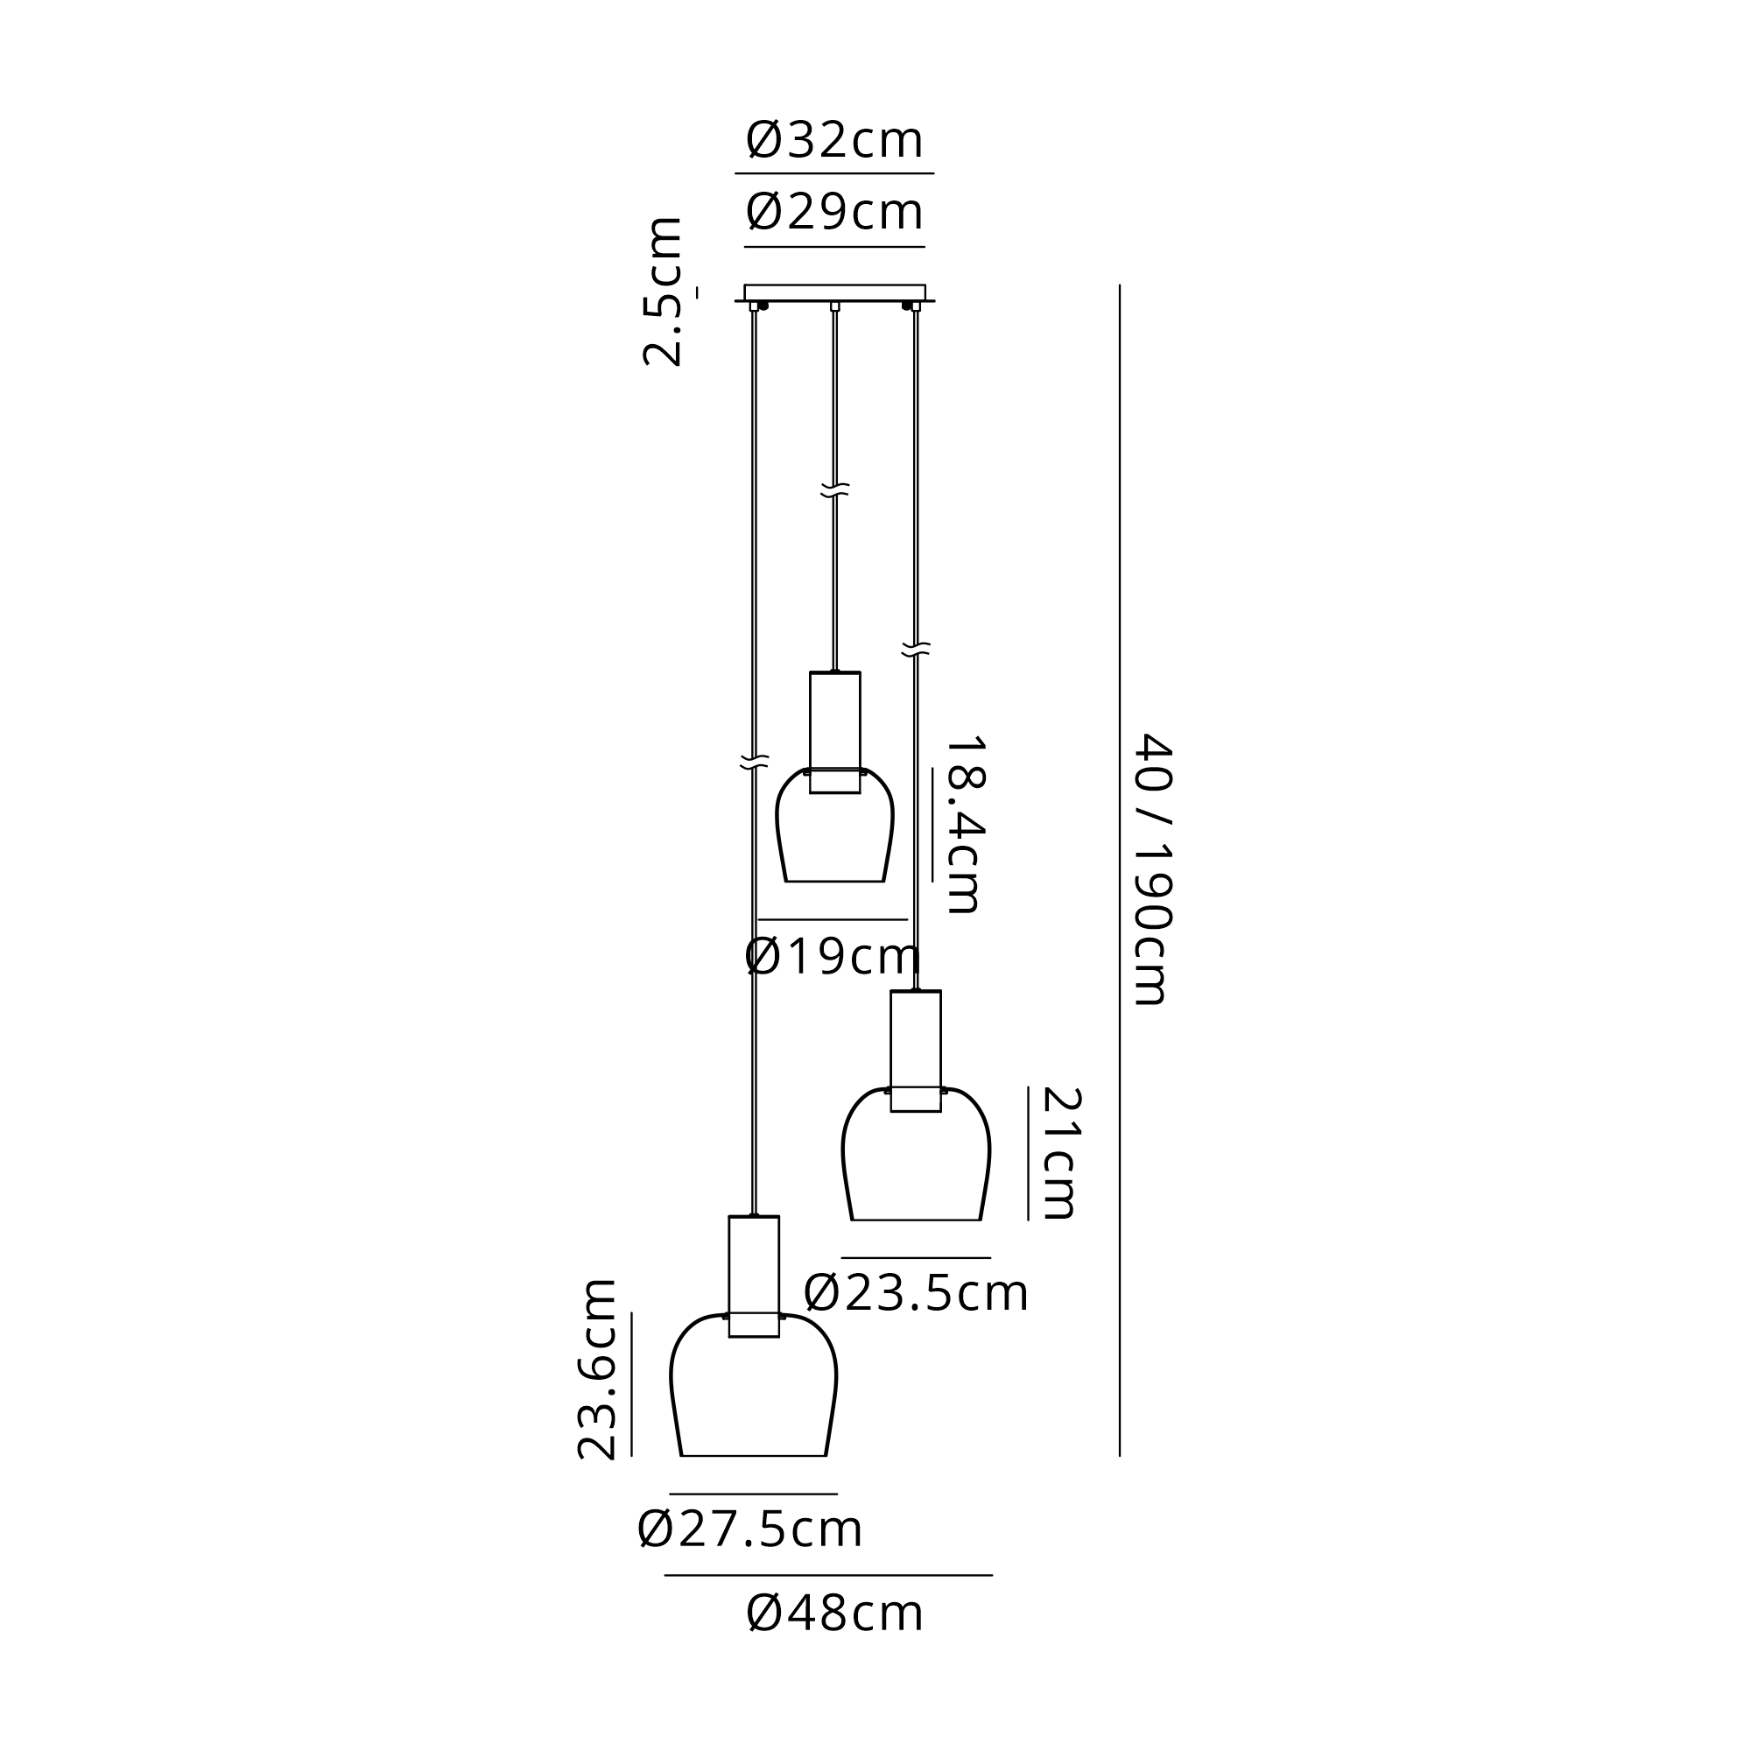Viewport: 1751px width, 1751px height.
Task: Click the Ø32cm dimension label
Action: point(833,140)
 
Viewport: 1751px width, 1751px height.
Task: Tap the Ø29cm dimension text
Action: point(833,212)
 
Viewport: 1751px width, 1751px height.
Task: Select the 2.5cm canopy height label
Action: point(663,292)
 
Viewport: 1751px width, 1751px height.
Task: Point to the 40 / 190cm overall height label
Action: point(1154,869)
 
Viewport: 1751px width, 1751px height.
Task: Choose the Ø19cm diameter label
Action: point(833,957)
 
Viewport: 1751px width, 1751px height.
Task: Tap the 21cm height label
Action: point(1060,1153)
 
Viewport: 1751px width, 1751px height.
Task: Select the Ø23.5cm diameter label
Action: point(916,1293)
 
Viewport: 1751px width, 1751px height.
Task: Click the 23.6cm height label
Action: point(597,1368)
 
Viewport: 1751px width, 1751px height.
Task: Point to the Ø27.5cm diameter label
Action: point(749,1529)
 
